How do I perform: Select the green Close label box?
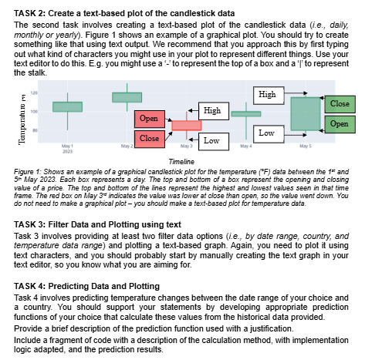339,103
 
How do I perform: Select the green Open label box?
339,123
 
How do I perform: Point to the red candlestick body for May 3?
186,125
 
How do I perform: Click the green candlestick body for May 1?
67,106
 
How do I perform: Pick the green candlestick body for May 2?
127,97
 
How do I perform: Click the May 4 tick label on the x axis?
245,146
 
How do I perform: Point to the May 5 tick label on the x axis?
306,146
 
